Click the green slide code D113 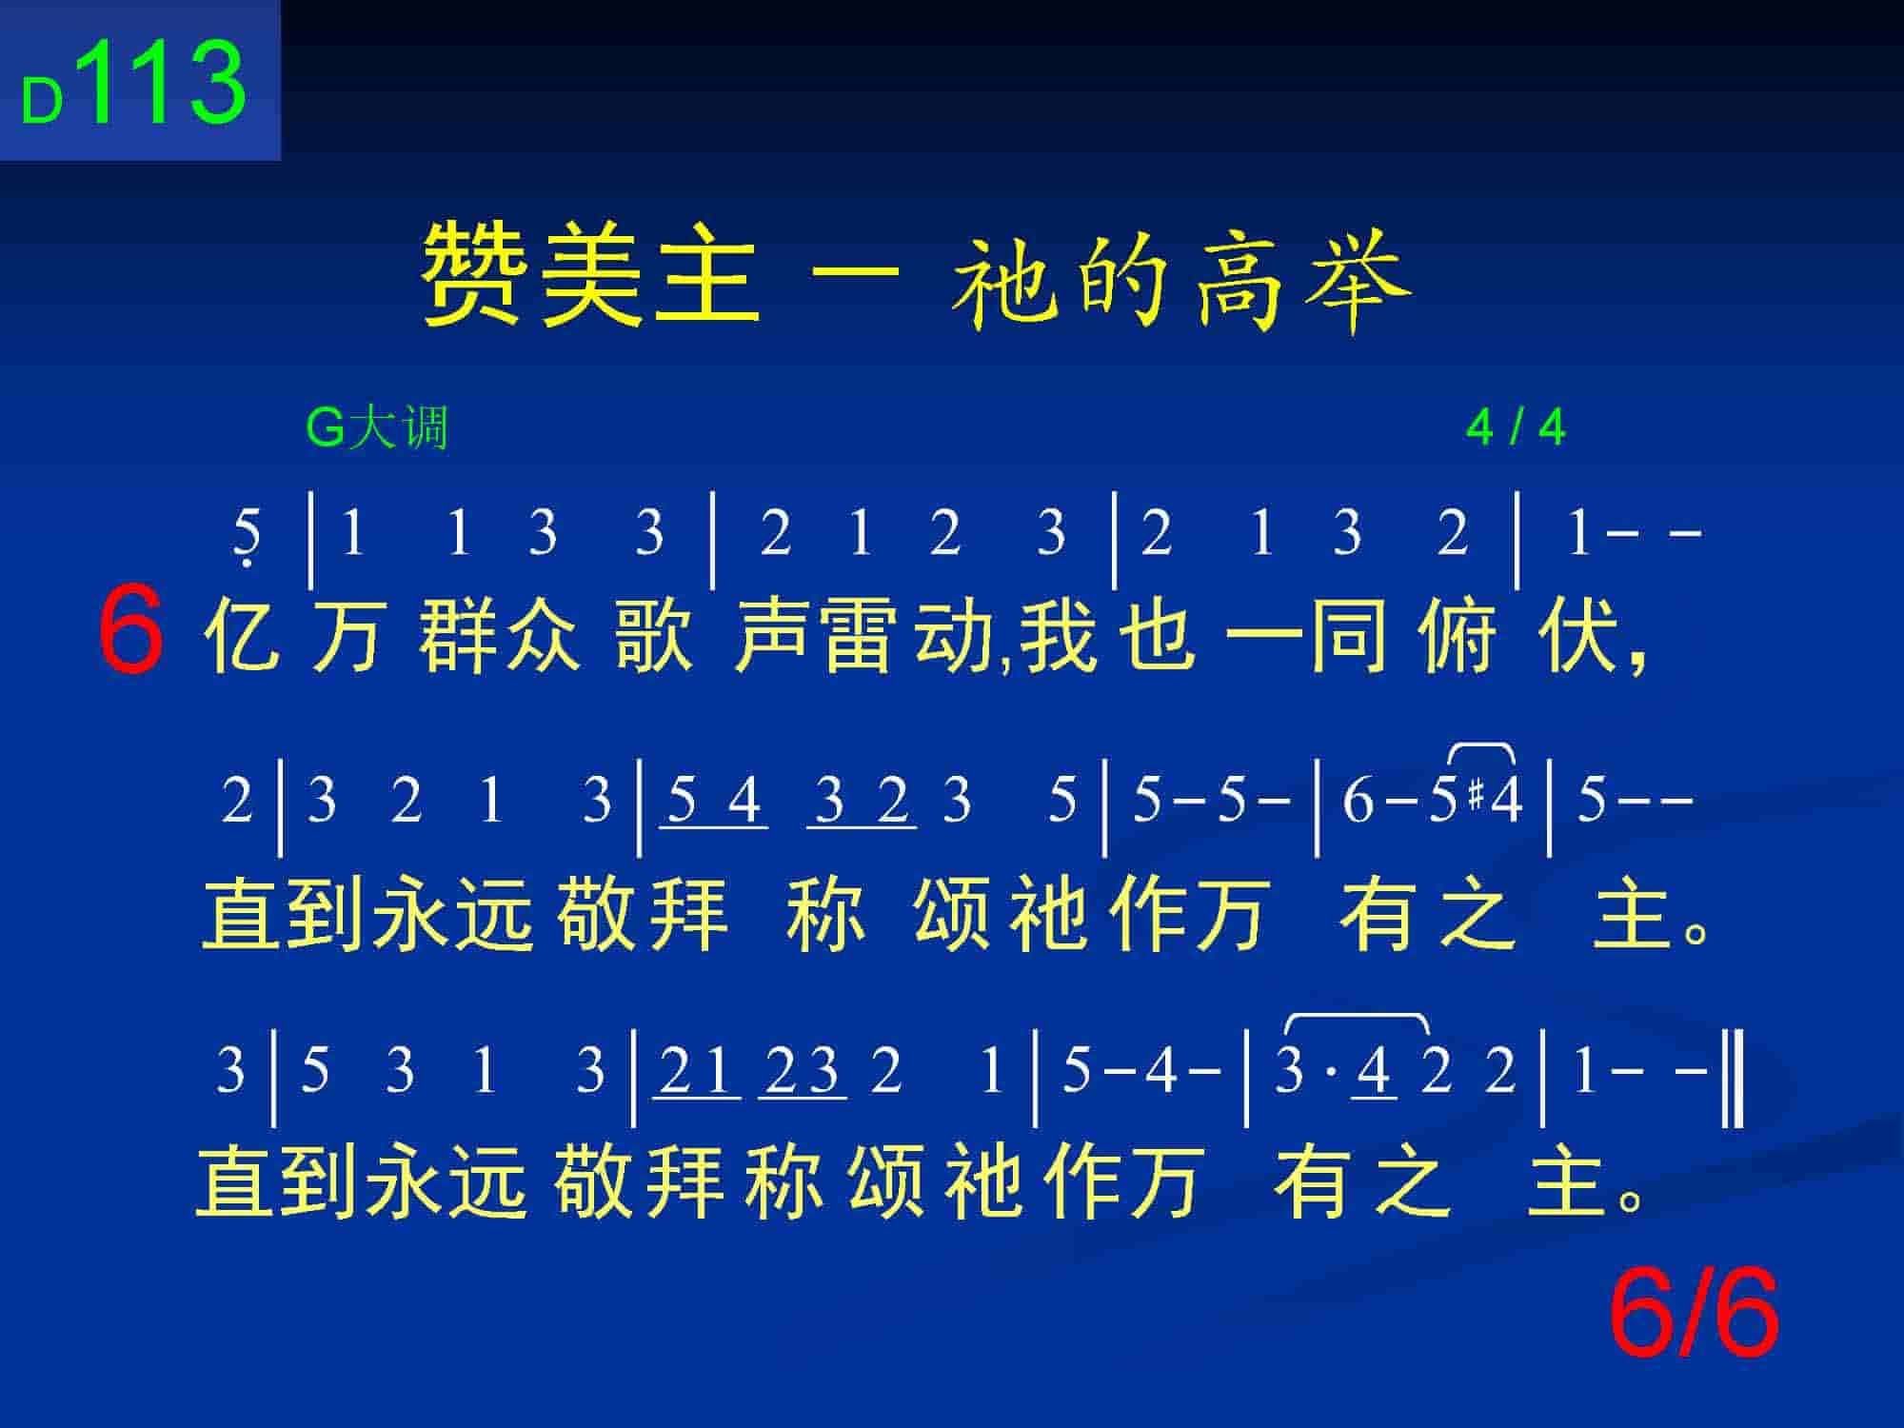pos(134,83)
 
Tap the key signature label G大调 pos(377,427)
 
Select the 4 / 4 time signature pos(1516,427)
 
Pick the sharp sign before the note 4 pos(1477,796)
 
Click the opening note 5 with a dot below pos(247,536)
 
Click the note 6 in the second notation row pos(1358,800)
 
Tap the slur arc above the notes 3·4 pos(1357,1018)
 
